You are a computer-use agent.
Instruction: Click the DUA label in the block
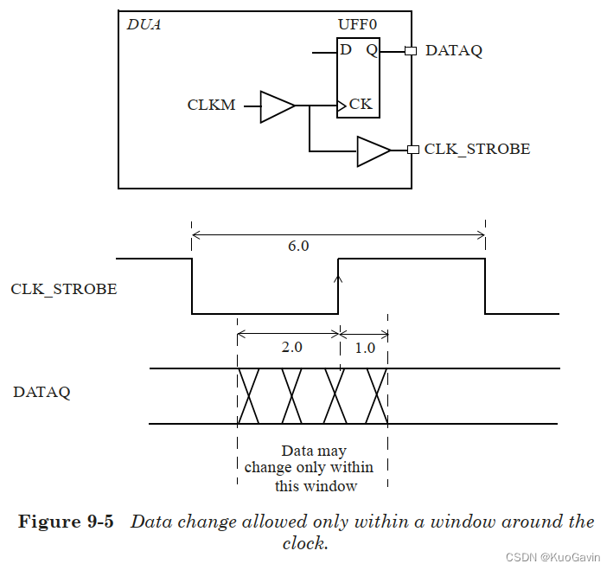point(144,24)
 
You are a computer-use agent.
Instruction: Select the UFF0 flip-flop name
point(358,24)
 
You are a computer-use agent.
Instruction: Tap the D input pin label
point(346,50)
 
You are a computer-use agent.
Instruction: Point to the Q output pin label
point(371,50)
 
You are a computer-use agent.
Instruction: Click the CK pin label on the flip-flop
point(360,105)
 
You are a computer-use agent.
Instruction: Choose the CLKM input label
point(211,106)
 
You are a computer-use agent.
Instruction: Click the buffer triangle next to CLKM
point(276,106)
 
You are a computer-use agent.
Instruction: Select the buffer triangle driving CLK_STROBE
point(373,151)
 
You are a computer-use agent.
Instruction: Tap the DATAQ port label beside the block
point(453,51)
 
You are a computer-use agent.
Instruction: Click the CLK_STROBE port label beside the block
point(476,150)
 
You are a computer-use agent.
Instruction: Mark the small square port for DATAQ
point(411,51)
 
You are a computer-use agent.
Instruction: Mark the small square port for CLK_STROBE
point(412,150)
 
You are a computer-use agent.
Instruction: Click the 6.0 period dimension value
point(297,246)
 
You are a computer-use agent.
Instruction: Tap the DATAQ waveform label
point(42,392)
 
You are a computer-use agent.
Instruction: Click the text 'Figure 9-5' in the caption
point(66,522)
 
